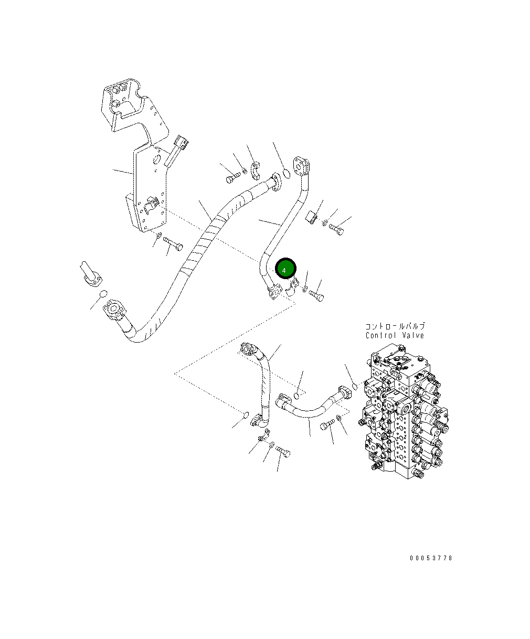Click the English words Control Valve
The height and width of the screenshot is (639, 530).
pos(395,336)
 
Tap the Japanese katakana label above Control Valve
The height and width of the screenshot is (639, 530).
pos(395,326)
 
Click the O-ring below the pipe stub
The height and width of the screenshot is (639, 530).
pos(103,293)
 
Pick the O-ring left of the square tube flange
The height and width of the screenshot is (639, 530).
pos(286,173)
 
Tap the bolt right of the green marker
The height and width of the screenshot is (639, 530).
pos(316,296)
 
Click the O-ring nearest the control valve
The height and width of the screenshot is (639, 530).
pos(355,387)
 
